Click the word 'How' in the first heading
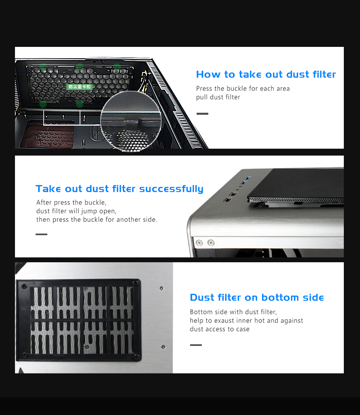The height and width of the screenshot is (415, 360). [208, 74]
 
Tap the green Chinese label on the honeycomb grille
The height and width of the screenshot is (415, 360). [79, 87]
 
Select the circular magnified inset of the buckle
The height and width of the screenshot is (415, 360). [131, 122]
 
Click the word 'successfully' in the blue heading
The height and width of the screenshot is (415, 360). [171, 189]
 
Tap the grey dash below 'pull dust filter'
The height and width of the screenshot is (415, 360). [202, 114]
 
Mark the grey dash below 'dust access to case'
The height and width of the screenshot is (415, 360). [196, 345]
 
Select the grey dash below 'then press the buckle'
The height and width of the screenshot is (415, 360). [41, 234]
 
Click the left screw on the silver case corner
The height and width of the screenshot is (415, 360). [199, 243]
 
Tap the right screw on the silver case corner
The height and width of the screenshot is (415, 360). [211, 242]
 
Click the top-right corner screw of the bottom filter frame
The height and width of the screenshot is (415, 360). [136, 283]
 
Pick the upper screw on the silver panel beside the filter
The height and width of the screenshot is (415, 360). [161, 288]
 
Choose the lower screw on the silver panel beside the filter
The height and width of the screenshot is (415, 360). [163, 347]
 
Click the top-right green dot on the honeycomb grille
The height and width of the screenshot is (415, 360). [117, 67]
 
